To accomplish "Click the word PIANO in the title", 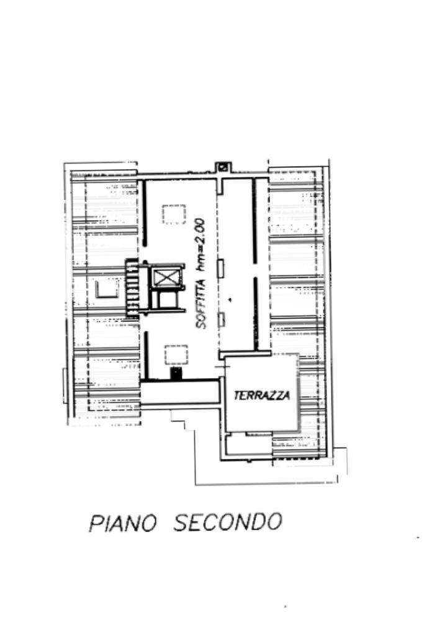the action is (122, 522).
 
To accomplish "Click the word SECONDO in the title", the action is (227, 522).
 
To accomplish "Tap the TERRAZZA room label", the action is (261, 395).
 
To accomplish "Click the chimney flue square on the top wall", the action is (223, 167).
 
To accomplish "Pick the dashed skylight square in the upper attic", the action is (174, 214).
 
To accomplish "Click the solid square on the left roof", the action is (107, 288).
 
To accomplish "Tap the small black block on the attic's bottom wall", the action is (176, 373).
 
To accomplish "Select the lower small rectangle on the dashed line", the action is (220, 320).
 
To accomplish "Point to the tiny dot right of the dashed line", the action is (230, 300).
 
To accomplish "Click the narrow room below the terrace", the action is (248, 446).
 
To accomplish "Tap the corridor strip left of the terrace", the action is (180, 393).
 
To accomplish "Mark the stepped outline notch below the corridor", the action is (181, 422).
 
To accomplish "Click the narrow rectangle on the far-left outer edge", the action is (65, 385).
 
